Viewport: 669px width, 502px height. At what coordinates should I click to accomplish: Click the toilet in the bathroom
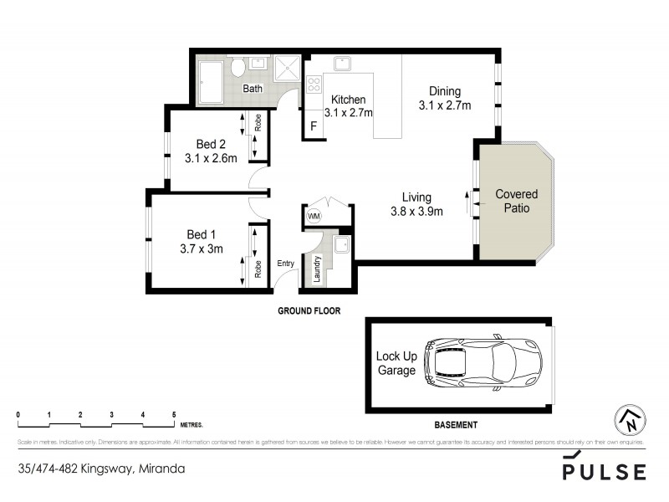coord(237,67)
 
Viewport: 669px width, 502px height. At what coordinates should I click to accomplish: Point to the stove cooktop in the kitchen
coord(314,84)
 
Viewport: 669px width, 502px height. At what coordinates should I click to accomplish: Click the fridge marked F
coord(314,127)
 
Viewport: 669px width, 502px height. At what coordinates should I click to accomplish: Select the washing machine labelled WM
coord(314,216)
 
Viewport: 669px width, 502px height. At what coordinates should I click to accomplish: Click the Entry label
coord(286,264)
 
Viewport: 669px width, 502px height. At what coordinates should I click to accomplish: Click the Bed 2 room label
coord(211,143)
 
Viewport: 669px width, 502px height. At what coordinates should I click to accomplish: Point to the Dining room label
coord(445,91)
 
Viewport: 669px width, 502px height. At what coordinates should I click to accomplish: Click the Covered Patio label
coord(516,201)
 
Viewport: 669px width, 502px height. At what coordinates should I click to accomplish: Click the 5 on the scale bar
coord(174,415)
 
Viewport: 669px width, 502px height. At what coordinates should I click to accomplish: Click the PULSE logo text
coord(604,472)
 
